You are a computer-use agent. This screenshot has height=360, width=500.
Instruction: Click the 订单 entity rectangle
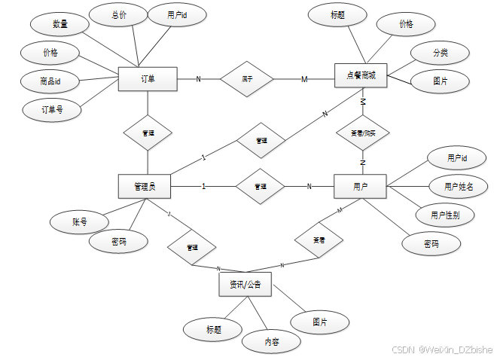coord(148,78)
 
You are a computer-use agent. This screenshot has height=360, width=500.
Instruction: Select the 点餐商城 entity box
coord(360,75)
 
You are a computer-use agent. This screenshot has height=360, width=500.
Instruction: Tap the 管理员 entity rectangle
coord(144,186)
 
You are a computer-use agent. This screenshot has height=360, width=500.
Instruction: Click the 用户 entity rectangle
coord(360,186)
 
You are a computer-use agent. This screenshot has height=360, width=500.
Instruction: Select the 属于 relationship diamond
coord(246,78)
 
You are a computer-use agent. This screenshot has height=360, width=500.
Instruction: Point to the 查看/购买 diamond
coord(362,133)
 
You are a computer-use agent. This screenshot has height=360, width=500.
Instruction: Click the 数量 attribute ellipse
coord(60,24)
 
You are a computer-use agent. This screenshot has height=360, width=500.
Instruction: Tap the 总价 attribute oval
coord(119,15)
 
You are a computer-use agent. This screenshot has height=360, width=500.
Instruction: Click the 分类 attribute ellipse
coord(441,54)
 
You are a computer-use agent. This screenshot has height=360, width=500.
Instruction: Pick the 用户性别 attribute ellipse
coord(446,215)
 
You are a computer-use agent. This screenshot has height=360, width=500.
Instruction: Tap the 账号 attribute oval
coord(80,221)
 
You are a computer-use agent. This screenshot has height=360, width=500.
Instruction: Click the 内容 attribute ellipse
coord(272,341)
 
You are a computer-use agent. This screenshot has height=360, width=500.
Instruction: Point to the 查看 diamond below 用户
coord(319,240)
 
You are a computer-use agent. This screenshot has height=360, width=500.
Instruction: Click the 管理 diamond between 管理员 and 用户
coord(261,185)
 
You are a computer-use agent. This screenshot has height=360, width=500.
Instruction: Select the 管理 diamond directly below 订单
coord(148,133)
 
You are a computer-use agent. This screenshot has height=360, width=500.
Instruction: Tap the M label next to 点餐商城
coord(305,79)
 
